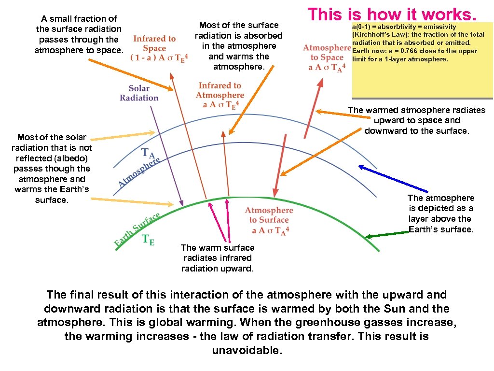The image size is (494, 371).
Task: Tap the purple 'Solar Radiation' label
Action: coord(139,93)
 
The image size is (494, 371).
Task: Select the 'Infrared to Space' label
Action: coord(154,43)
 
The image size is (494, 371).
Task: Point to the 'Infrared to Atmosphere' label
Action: coord(220,90)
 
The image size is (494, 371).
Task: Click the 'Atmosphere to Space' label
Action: coord(327,53)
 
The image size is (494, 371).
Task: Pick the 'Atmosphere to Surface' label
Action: coord(269,215)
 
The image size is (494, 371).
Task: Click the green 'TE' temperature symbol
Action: coord(148,240)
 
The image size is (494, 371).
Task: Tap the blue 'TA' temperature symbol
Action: coord(148,153)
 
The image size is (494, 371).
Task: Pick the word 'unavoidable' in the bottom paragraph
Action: coord(247,350)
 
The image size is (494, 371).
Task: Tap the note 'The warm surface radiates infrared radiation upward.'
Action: coord(217,258)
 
